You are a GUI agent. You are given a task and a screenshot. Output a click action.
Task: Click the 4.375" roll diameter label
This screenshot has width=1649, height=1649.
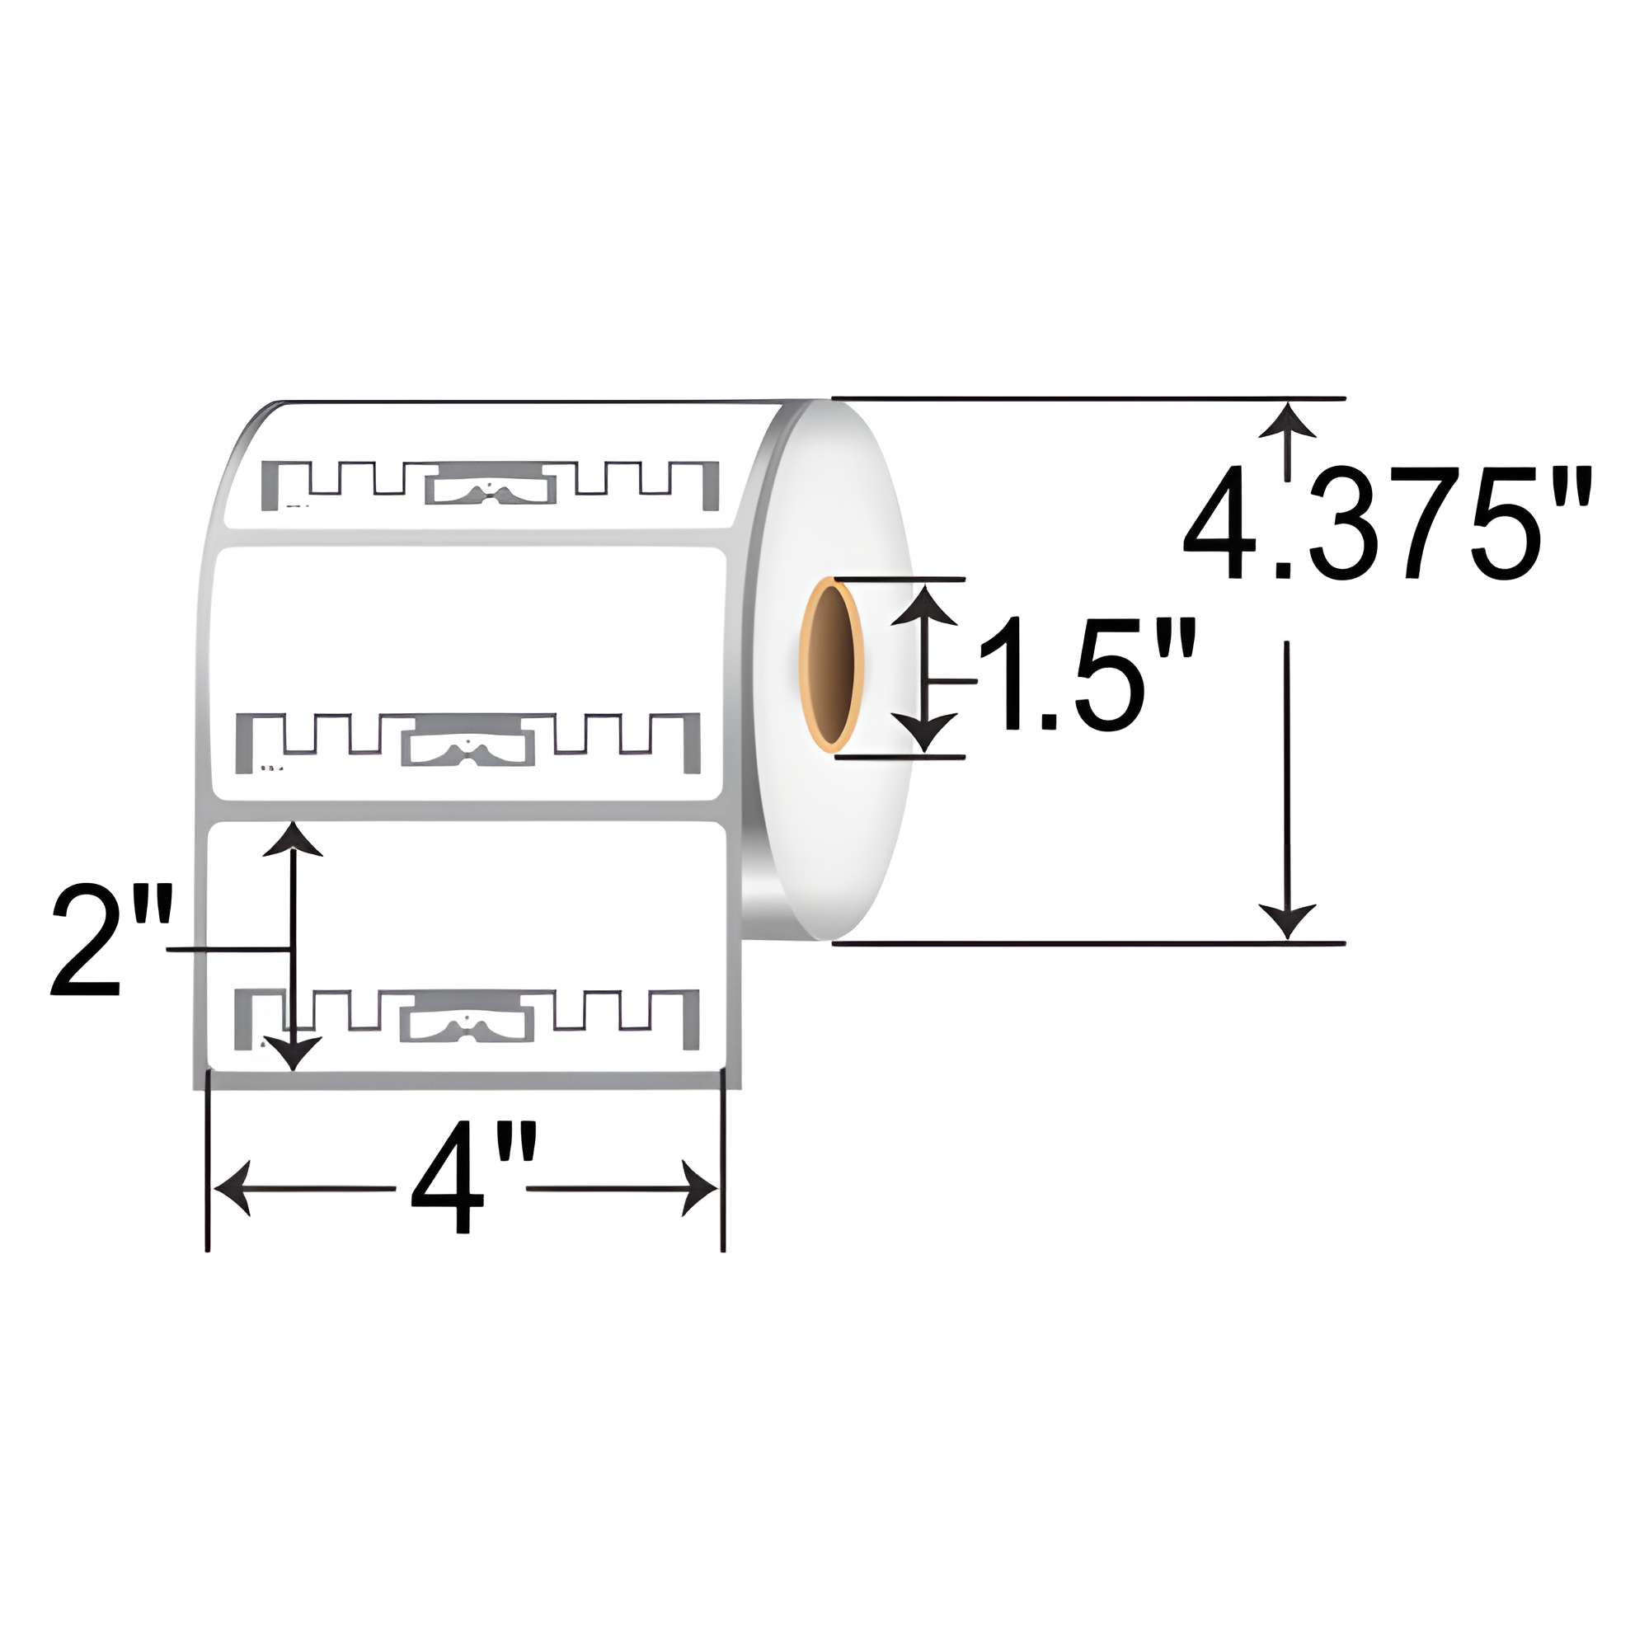(x=1386, y=524)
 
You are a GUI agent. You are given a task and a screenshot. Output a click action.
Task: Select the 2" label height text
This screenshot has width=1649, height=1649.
(x=111, y=942)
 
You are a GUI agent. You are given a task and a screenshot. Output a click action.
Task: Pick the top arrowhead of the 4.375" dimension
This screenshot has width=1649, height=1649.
(x=1287, y=420)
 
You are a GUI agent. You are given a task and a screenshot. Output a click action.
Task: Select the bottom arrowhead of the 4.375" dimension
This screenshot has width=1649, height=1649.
(x=1287, y=922)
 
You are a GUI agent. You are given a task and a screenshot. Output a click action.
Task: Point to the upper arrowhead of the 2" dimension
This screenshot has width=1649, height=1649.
(x=293, y=840)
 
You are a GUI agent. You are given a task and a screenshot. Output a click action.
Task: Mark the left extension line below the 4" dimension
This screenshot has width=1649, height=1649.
(x=208, y=1178)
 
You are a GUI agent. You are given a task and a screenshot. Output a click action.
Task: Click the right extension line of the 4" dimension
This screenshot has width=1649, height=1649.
(x=723, y=1178)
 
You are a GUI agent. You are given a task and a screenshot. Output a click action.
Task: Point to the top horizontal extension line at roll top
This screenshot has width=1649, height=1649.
(x=1088, y=398)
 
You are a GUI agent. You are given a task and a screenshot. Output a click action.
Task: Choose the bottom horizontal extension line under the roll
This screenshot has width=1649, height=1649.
(x=1088, y=943)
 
